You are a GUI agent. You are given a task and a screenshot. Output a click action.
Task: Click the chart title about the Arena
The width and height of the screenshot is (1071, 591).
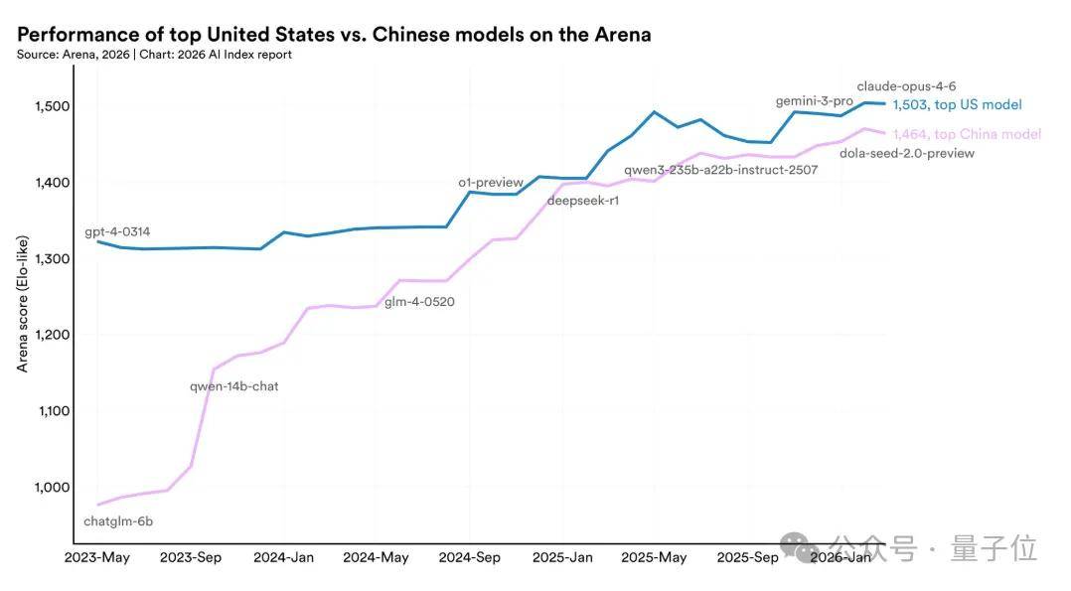(x=334, y=34)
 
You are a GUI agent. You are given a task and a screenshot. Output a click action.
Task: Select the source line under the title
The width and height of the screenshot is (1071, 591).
(x=154, y=55)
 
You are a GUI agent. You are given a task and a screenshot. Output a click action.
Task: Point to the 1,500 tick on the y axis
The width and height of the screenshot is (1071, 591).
(x=53, y=106)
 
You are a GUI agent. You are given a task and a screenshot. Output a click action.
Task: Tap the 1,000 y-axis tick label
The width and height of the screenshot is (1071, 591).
(x=53, y=487)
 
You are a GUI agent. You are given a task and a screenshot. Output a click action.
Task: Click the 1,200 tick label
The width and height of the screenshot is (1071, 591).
(x=53, y=335)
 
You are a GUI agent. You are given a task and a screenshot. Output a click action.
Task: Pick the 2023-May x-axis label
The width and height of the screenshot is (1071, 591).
(x=97, y=557)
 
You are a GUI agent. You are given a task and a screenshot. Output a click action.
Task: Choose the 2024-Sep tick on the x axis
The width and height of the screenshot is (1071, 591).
(x=469, y=557)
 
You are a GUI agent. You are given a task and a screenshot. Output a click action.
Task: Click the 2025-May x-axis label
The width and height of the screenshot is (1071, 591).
(x=654, y=557)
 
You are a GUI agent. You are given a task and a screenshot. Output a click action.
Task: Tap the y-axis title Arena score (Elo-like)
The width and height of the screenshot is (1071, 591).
(x=23, y=304)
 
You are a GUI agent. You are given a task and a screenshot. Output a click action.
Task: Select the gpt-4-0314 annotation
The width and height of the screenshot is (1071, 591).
(x=117, y=231)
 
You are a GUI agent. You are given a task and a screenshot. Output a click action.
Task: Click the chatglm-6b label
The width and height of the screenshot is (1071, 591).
(x=118, y=521)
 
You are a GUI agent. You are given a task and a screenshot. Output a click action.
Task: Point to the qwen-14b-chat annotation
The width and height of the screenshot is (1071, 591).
(x=234, y=386)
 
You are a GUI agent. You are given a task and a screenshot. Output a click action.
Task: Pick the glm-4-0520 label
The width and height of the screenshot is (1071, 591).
(x=419, y=302)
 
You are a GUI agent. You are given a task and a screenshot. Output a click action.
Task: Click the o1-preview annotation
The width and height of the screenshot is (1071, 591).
(x=491, y=183)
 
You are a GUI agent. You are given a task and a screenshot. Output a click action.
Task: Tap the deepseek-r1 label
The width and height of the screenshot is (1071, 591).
(x=582, y=201)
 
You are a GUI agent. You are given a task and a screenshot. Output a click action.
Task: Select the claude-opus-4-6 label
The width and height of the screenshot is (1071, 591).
(x=906, y=86)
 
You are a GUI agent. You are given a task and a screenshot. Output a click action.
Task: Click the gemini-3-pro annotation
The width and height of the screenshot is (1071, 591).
(x=815, y=101)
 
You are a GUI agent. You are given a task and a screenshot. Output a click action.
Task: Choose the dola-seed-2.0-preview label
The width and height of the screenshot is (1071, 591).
(x=907, y=153)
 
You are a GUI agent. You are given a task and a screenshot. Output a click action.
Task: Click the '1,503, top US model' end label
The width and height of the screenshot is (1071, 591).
(x=958, y=104)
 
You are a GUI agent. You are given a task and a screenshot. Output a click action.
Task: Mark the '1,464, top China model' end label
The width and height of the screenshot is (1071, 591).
(x=968, y=134)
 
